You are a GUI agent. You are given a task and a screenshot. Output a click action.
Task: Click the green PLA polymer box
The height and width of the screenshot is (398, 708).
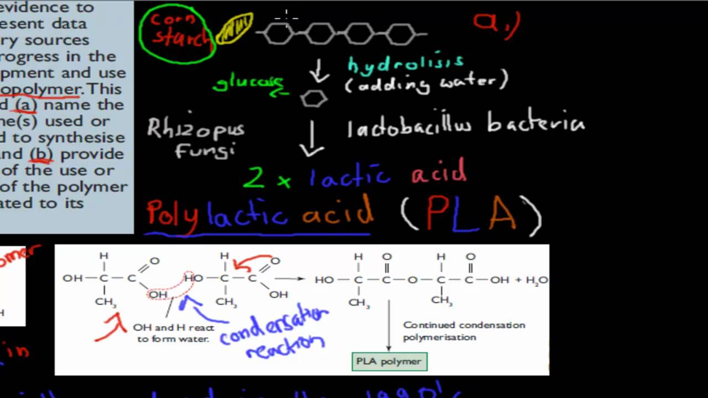[389, 362]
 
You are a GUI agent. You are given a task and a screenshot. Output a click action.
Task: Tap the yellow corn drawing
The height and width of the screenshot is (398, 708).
[234, 29]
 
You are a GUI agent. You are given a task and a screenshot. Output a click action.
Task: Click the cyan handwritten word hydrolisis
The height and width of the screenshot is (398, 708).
[405, 64]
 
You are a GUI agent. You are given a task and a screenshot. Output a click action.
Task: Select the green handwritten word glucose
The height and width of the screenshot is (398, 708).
[248, 83]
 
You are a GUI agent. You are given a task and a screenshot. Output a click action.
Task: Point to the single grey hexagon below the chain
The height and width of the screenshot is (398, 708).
[314, 99]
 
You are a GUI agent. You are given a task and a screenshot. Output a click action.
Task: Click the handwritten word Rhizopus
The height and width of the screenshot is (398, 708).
[195, 129]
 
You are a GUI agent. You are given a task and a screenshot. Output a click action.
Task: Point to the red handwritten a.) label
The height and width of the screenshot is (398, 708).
[496, 25]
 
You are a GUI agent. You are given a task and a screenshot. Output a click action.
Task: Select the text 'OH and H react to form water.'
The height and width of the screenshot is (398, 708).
[173, 333]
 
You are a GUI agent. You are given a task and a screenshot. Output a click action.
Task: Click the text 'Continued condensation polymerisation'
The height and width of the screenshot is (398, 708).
[464, 331]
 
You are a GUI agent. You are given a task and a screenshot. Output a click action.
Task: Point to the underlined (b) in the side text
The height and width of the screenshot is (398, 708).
[42, 154]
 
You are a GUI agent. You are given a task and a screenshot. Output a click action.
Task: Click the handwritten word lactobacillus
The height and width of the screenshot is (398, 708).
[409, 127]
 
